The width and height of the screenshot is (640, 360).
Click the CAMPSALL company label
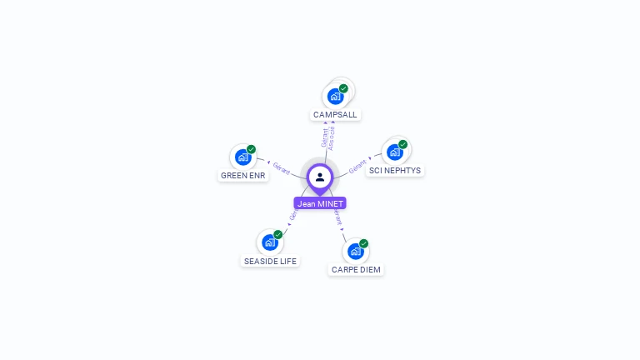point(335,114)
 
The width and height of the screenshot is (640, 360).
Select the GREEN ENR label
point(242,176)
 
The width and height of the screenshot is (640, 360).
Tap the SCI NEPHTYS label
point(396,171)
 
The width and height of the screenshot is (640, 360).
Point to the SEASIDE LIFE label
point(269,261)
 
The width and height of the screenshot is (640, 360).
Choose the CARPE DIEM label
point(356,269)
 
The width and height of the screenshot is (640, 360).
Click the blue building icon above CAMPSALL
point(335,96)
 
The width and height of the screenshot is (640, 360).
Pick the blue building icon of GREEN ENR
point(242,157)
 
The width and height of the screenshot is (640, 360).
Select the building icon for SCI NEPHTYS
point(395,152)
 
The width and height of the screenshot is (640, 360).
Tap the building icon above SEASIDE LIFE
point(269,242)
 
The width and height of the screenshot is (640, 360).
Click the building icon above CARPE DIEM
point(356,251)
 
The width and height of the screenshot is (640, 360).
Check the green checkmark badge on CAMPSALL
point(343,88)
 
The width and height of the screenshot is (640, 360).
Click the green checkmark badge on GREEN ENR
point(251,149)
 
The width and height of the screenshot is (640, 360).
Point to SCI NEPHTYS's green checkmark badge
point(403,144)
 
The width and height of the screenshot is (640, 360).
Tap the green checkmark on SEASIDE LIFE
point(277,235)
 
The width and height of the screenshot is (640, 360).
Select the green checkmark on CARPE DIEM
point(364,243)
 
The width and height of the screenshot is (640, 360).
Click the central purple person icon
point(320,177)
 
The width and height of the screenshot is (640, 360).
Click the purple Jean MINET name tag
point(320,203)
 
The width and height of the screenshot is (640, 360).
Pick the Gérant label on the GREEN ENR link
point(281,167)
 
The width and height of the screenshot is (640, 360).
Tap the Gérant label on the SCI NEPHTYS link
point(357,166)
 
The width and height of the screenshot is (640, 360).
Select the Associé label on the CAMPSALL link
point(332,138)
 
